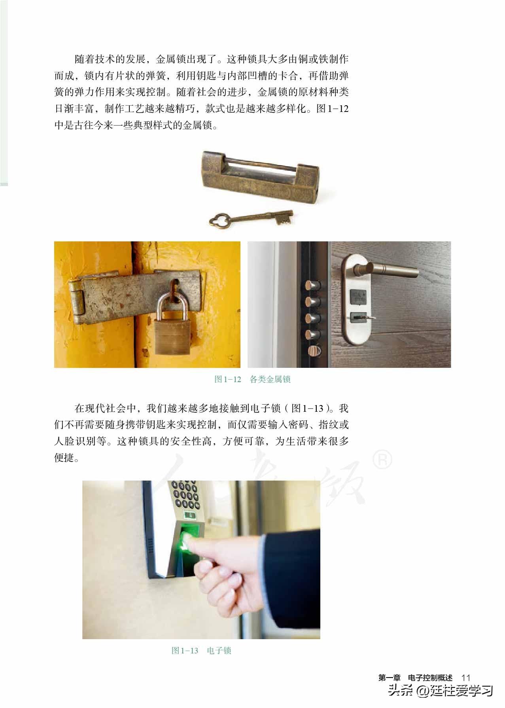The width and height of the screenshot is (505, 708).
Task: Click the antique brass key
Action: coord(252,218)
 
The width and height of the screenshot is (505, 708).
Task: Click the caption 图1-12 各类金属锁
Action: coord(252,379)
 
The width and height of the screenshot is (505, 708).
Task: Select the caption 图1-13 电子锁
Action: coord(201,651)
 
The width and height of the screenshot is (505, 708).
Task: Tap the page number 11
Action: coord(466,678)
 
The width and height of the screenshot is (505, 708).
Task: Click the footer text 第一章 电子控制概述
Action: coord(415,678)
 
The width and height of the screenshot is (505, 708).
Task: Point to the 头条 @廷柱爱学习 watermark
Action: coord(441,691)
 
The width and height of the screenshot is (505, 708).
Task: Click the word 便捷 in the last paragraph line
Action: coord(63,458)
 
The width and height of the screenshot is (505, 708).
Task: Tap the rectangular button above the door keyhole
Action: coord(358,296)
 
